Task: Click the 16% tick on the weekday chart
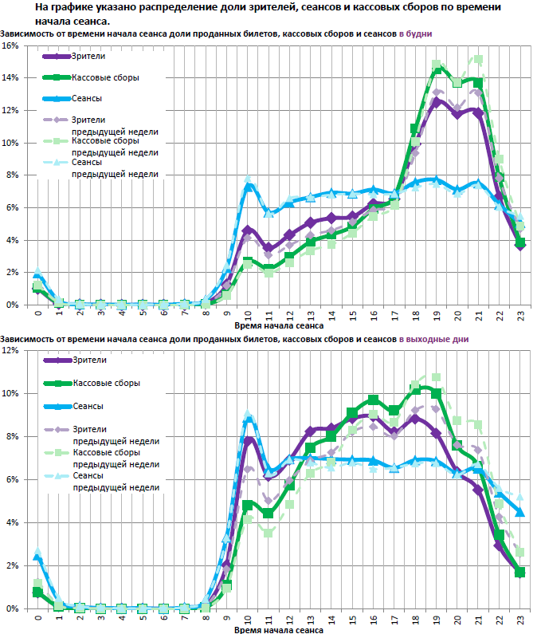[11, 45]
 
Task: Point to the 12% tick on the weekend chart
[11, 350]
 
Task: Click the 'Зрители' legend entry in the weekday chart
[88, 57]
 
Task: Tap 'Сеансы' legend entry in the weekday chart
[87, 98]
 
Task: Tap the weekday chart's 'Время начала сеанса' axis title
[279, 326]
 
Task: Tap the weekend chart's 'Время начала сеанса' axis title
[279, 630]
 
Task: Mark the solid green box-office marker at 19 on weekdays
[437, 70]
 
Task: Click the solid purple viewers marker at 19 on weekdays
[437, 101]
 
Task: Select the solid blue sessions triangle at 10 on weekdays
[248, 187]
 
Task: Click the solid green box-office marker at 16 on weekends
[374, 400]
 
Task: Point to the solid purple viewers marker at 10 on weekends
[248, 439]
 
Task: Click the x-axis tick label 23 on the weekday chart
[520, 314]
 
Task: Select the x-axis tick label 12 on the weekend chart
[289, 618]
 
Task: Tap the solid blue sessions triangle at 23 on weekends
[520, 513]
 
